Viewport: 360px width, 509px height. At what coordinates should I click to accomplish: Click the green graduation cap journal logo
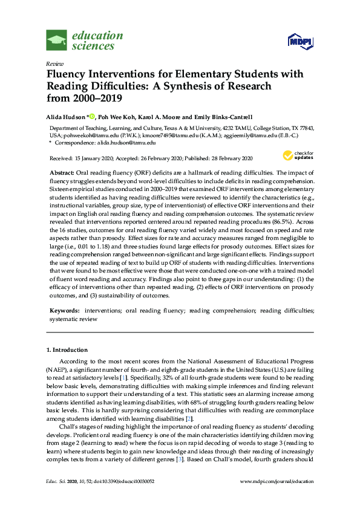pyautogui.click(x=57, y=41)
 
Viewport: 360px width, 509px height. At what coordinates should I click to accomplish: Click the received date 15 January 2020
pyautogui.click(x=95, y=158)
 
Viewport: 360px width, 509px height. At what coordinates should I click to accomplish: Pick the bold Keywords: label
pyautogui.click(x=65, y=310)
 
